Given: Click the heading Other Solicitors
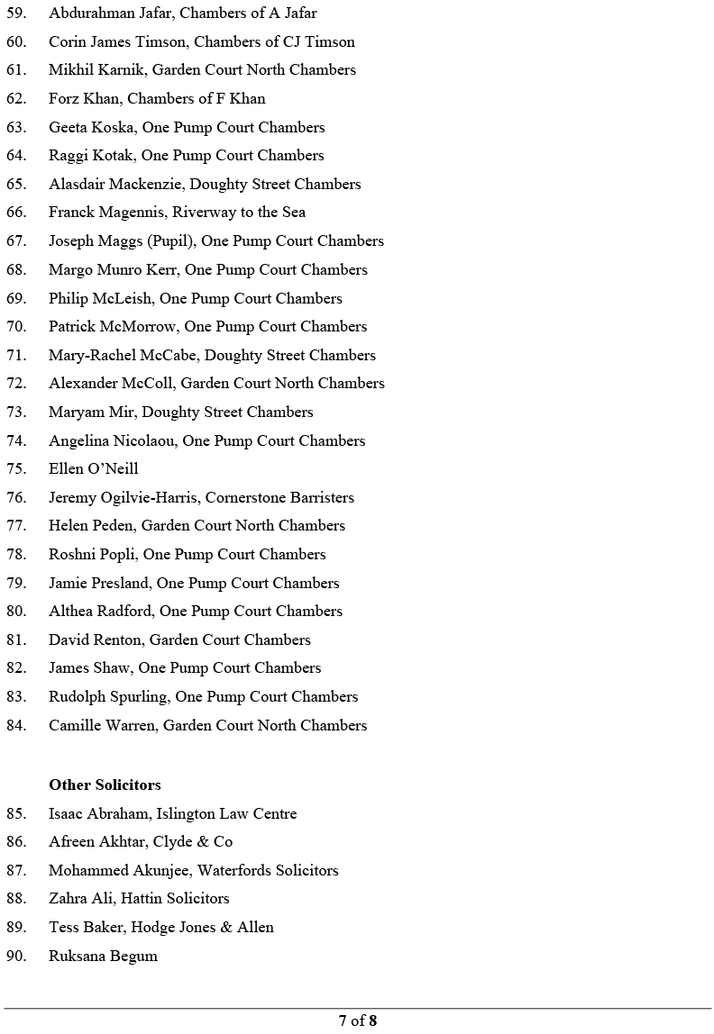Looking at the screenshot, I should (105, 785).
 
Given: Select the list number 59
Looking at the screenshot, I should (15, 14).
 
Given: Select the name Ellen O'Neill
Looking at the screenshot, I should (94, 469).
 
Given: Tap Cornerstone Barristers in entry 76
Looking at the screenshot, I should (279, 497).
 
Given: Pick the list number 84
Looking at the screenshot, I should (15, 725).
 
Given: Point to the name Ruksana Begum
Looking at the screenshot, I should (103, 956).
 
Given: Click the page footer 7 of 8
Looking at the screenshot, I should (357, 1020).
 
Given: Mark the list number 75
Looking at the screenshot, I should (15, 469).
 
